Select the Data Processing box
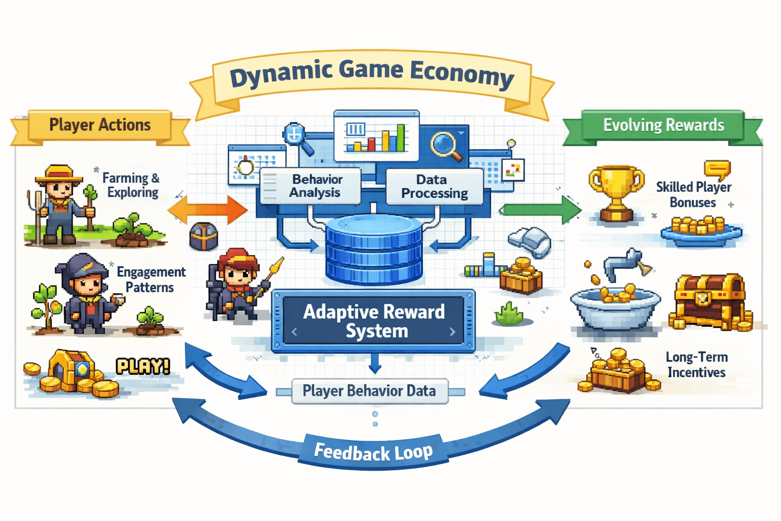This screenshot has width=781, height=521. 434,186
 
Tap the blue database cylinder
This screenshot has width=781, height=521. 374,250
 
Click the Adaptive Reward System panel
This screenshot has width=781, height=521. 374,321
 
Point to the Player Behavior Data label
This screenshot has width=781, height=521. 369,391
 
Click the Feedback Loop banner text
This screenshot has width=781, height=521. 373,452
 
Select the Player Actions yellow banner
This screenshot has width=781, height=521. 100,125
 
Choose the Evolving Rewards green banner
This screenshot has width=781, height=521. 663,125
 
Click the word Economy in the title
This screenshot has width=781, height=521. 462,74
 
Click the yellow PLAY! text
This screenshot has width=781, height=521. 142,366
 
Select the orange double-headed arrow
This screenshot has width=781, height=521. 207,210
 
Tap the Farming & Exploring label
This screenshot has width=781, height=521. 131,185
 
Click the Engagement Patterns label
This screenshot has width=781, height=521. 151,279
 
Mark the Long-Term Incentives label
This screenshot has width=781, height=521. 697,365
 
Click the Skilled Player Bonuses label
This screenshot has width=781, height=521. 693,195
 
